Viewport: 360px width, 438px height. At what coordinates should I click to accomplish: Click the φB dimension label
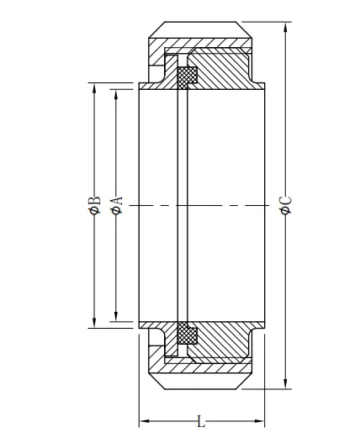94,205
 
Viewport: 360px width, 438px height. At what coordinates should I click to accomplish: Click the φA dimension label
116,205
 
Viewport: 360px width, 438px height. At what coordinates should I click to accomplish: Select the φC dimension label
286,205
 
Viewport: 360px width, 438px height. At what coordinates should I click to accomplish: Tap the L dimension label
201,421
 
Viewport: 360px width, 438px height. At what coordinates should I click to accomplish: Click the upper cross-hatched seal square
187,77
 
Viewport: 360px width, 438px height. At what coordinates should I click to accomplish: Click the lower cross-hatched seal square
188,333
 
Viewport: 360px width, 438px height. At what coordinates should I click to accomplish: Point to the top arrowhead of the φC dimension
286,28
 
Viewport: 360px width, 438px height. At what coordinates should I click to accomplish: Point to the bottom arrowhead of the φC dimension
286,383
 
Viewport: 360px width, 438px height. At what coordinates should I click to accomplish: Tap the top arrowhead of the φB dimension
94,89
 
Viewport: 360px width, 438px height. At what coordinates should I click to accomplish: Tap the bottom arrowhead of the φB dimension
94,322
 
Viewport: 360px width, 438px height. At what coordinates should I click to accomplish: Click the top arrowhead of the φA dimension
116,96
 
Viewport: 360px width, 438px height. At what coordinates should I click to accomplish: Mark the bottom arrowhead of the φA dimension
116,315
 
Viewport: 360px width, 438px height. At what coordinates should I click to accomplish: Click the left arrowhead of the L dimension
146,421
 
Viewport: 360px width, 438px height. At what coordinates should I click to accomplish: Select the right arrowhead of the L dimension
258,421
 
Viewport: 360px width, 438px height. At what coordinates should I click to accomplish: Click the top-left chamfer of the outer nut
156,29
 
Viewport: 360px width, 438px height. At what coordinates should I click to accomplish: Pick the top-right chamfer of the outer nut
244,29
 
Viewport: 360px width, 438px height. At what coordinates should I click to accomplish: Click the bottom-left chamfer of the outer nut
156,381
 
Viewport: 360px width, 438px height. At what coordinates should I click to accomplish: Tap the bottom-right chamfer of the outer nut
244,381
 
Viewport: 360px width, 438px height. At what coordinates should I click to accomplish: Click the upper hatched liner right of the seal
221,70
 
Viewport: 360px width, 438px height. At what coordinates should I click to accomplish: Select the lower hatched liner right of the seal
221,340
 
